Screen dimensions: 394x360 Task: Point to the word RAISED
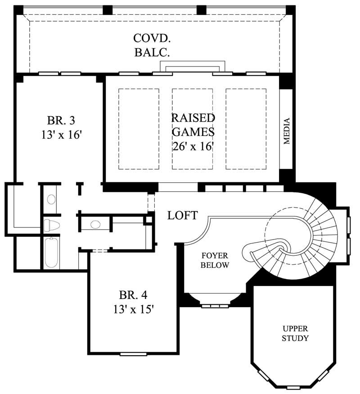pyautogui.click(x=193, y=118)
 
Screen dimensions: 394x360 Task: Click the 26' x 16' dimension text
pyautogui.click(x=192, y=146)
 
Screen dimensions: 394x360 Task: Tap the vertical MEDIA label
pyautogui.click(x=287, y=131)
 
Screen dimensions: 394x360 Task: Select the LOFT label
pyautogui.click(x=182, y=216)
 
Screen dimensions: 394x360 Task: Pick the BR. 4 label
pyautogui.click(x=133, y=295)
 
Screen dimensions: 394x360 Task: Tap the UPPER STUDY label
pyautogui.click(x=295, y=333)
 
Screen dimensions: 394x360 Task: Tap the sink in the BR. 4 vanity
pyautogui.click(x=95, y=224)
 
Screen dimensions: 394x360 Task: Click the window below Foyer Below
pyautogui.click(x=215, y=306)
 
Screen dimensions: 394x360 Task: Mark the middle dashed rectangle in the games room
pyautogui.click(x=192, y=129)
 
